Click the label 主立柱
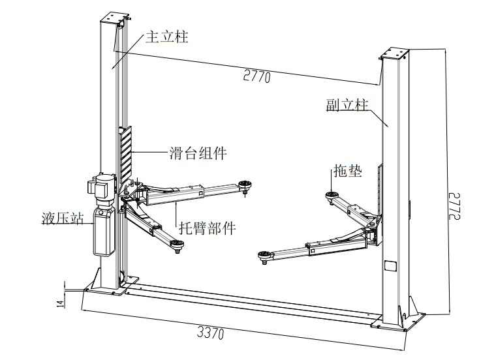pyautogui.click(x=166, y=37)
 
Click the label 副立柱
pyautogui.click(x=347, y=104)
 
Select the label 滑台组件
pyautogui.click(x=198, y=154)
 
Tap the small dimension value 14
pyautogui.click(x=60, y=302)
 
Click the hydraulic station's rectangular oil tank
pyautogui.click(x=103, y=232)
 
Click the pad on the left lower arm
pyautogui.click(x=177, y=244)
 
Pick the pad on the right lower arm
pyautogui.click(x=264, y=255)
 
